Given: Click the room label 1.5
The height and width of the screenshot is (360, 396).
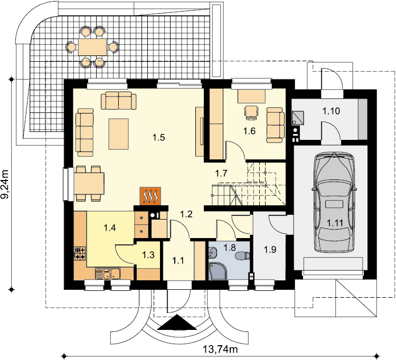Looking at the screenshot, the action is click(158, 138).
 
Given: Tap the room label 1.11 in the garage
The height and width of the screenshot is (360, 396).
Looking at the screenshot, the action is click(335, 223).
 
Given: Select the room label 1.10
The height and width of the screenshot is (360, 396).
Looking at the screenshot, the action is click(331, 111).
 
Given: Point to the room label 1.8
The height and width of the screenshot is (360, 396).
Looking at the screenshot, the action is click(230, 248).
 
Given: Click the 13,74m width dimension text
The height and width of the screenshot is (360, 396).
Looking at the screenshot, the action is click(220, 349).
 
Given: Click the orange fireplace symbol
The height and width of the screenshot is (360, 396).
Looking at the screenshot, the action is click(150, 196).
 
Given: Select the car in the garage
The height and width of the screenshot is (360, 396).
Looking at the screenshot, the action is click(334, 202).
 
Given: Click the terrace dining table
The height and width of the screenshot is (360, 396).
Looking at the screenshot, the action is click(92, 47).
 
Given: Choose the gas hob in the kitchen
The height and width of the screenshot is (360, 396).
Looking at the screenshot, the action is click(80, 253).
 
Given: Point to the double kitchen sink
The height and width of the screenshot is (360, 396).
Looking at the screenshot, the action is click(108, 273).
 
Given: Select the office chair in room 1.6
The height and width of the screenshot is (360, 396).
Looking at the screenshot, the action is click(251, 112).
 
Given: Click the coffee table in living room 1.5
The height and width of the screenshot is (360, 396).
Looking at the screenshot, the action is click(118, 134).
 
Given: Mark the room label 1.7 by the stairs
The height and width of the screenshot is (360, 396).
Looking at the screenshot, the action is click(221, 174).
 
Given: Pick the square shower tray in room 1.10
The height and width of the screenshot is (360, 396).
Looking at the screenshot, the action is click(298, 118).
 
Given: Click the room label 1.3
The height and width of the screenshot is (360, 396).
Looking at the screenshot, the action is click(148, 255).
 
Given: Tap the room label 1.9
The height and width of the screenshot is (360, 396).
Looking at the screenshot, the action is click(270, 250).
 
